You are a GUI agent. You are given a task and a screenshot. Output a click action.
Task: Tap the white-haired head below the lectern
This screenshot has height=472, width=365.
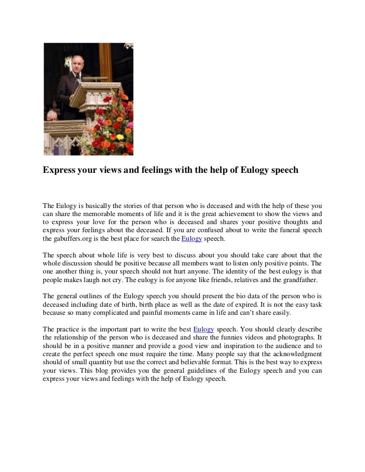point(51,116)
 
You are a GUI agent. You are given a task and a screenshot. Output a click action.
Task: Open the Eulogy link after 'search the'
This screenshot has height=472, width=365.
point(192,239)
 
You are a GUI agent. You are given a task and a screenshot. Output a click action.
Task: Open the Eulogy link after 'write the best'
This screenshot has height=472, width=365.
point(204,329)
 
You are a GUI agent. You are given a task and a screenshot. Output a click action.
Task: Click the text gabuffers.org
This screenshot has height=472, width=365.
point(74,239)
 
